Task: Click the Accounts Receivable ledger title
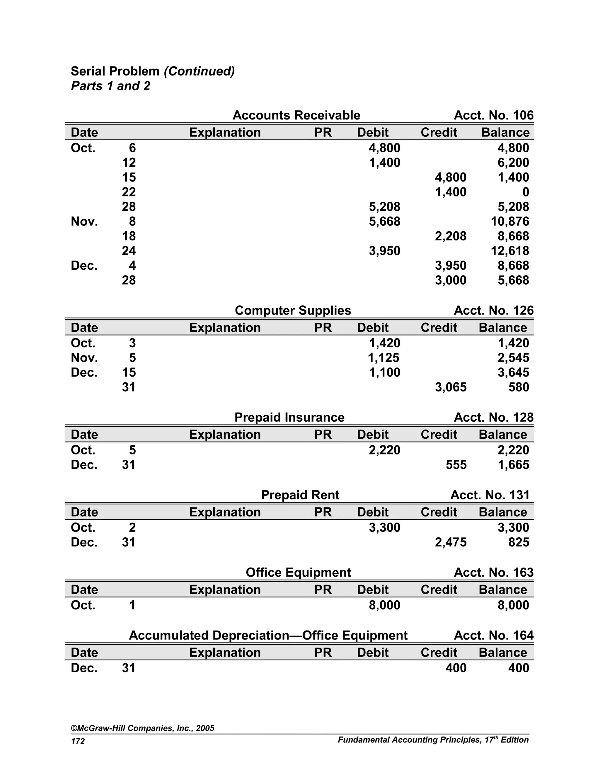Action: coord(296,115)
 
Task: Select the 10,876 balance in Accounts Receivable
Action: coord(510,221)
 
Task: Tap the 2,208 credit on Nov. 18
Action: coord(450,236)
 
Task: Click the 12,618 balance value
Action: coord(510,251)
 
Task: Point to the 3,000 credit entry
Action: coord(450,280)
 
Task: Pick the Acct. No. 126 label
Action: coord(493,310)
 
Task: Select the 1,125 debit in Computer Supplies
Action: coord(383,358)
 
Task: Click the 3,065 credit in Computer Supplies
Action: coord(450,387)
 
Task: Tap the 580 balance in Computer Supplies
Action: coord(519,387)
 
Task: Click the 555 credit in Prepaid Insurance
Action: coord(456,464)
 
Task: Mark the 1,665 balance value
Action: coord(513,464)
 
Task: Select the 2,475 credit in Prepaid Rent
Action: coord(450,542)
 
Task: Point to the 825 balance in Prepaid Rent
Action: coord(519,542)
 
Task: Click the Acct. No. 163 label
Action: coord(493,572)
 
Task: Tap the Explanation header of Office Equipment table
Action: coord(225,589)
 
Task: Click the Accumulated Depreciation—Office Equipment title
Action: coord(268,635)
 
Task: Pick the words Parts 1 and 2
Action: coord(110,86)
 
